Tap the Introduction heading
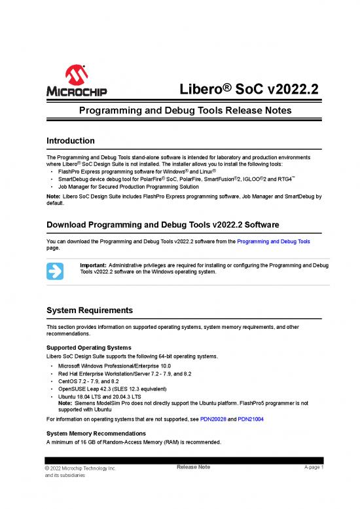pos(71,141)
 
